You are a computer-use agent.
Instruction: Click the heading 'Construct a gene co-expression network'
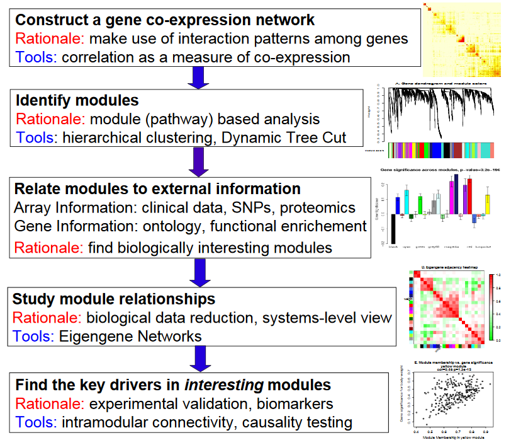165,21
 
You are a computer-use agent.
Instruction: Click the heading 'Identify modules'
77,101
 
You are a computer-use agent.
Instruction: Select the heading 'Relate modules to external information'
157,190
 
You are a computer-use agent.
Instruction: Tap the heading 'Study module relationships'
115,299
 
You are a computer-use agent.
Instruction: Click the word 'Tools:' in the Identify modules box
36,137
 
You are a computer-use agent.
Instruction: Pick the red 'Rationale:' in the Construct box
49,39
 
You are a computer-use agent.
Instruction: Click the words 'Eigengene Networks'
130,336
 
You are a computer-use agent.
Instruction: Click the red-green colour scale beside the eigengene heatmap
492,307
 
